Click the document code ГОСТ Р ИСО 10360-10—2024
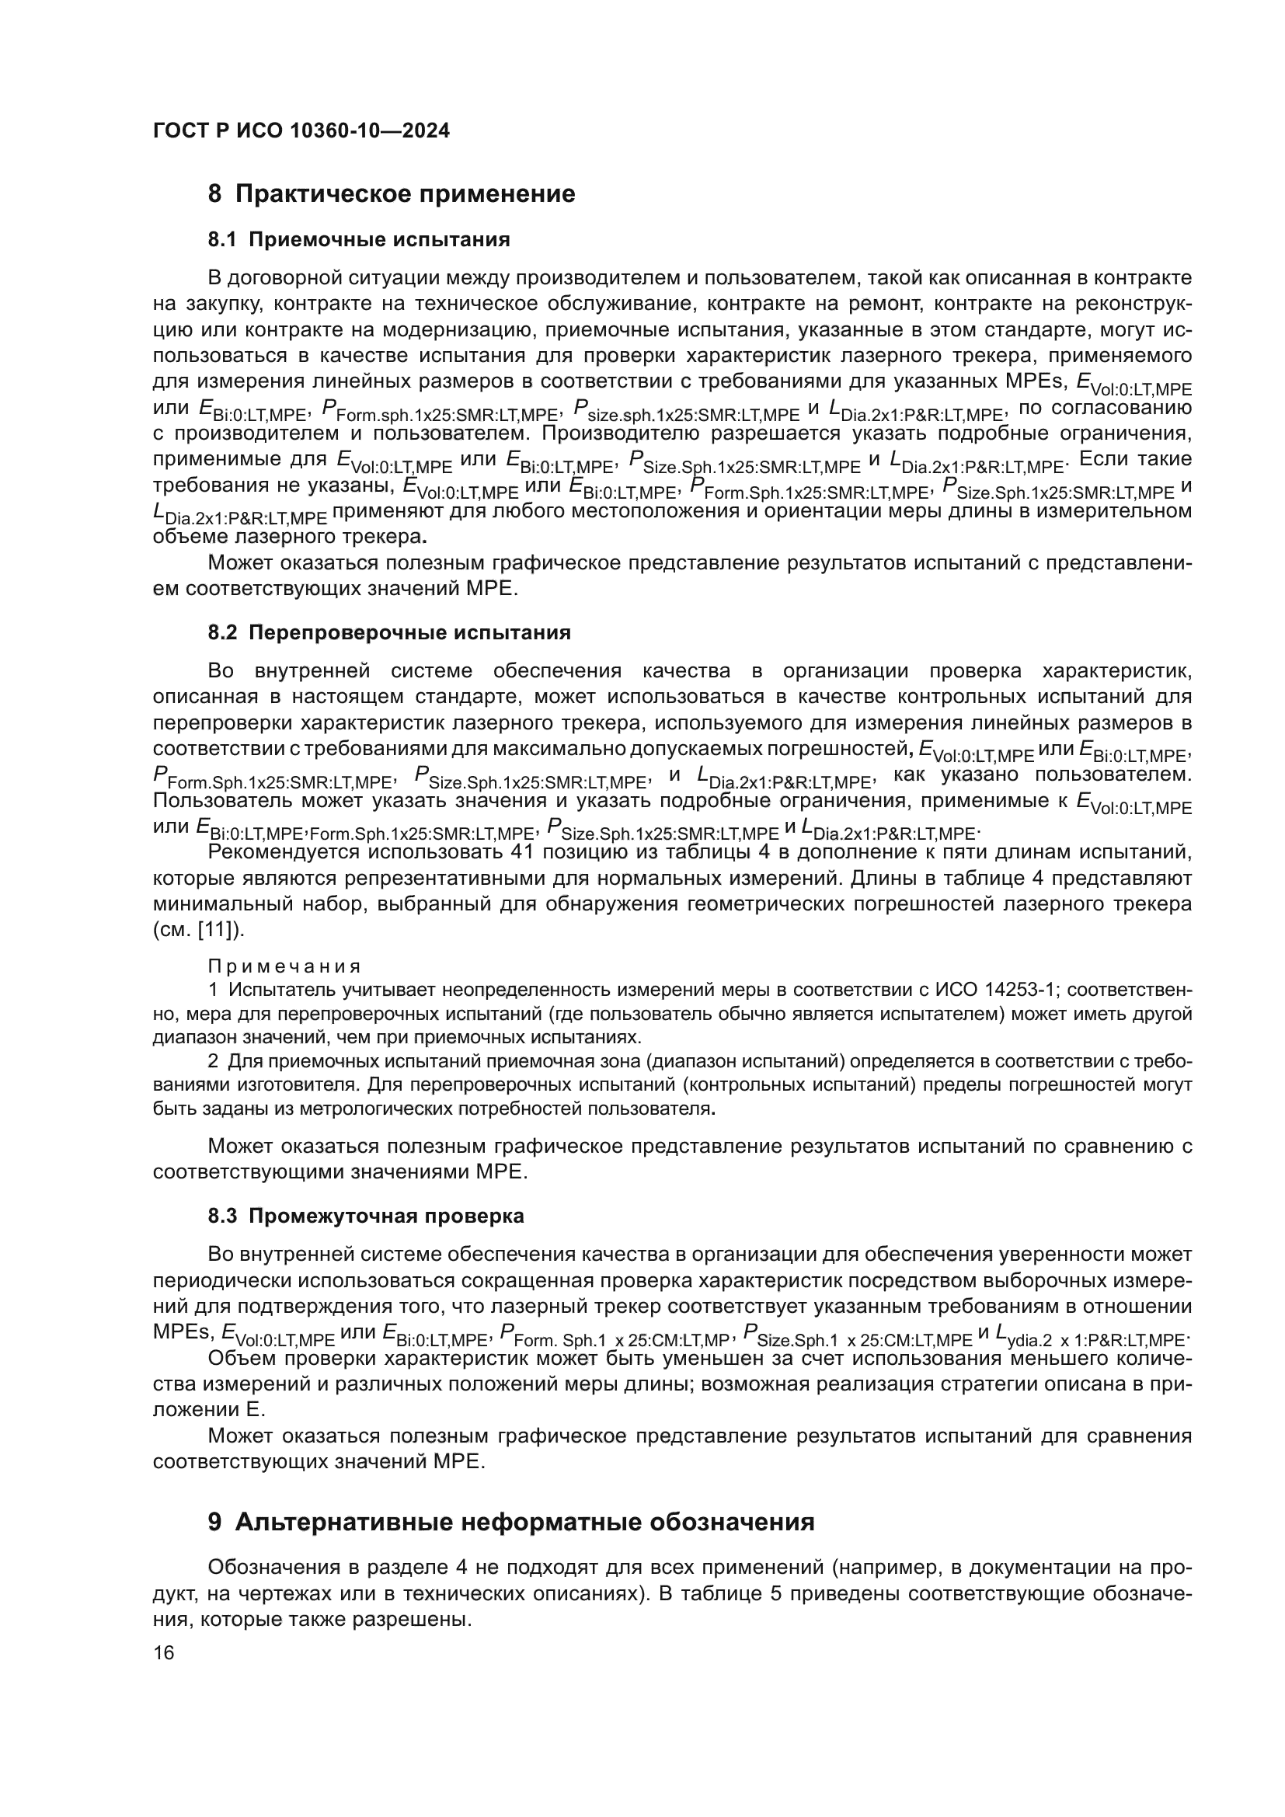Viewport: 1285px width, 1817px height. tap(301, 131)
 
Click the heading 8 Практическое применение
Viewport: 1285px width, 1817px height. tap(392, 194)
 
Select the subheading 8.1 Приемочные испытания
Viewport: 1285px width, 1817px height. tap(358, 240)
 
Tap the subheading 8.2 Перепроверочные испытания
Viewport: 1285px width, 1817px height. tap(388, 632)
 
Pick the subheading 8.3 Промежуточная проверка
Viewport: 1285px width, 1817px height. tap(366, 1217)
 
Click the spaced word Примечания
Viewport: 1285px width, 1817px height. tap(284, 966)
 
